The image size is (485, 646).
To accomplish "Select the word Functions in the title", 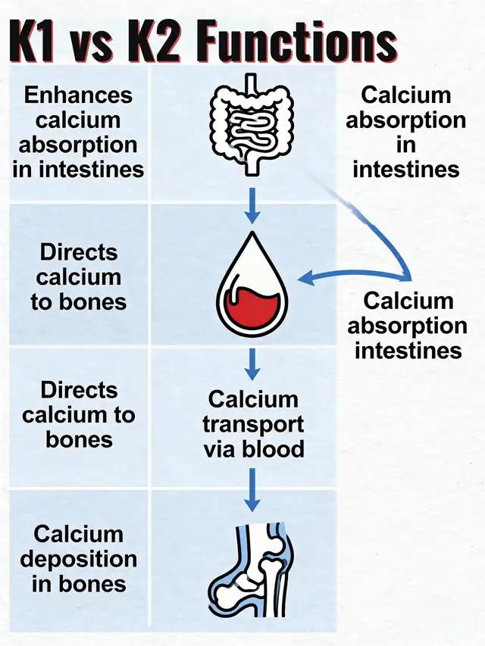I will (x=299, y=39).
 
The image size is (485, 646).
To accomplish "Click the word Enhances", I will (x=78, y=95).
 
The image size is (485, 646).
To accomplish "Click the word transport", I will (x=253, y=423).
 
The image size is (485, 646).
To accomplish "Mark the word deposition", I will (x=78, y=559).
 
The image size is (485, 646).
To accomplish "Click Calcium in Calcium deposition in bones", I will (x=78, y=534).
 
